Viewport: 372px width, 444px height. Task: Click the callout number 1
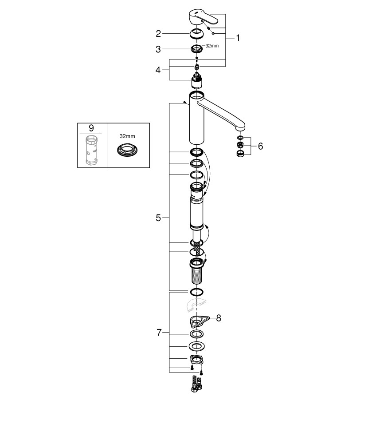(x=238, y=38)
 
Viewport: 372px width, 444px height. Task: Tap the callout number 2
(x=158, y=34)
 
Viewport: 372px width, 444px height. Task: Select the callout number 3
(x=158, y=49)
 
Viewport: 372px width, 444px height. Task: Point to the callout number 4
(x=158, y=70)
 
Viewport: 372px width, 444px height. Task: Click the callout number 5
(x=158, y=218)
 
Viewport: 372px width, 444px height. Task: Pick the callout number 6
(x=260, y=146)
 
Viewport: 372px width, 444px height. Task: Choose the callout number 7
(x=159, y=333)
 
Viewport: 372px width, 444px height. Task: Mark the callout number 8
(x=219, y=318)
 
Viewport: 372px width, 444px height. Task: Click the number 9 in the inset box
(x=91, y=128)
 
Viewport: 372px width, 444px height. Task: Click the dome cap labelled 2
(x=196, y=34)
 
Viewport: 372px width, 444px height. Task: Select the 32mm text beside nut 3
(x=212, y=46)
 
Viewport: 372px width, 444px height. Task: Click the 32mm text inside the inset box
(x=127, y=136)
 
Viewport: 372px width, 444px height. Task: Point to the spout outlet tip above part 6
(x=240, y=129)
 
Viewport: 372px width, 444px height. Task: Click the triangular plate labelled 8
(x=199, y=321)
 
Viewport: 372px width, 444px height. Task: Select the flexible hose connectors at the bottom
(x=197, y=384)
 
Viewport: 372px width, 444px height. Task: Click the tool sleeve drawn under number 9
(x=91, y=150)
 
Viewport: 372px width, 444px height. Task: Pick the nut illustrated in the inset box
(x=127, y=149)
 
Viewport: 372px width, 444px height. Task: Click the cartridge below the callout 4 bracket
(x=196, y=80)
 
